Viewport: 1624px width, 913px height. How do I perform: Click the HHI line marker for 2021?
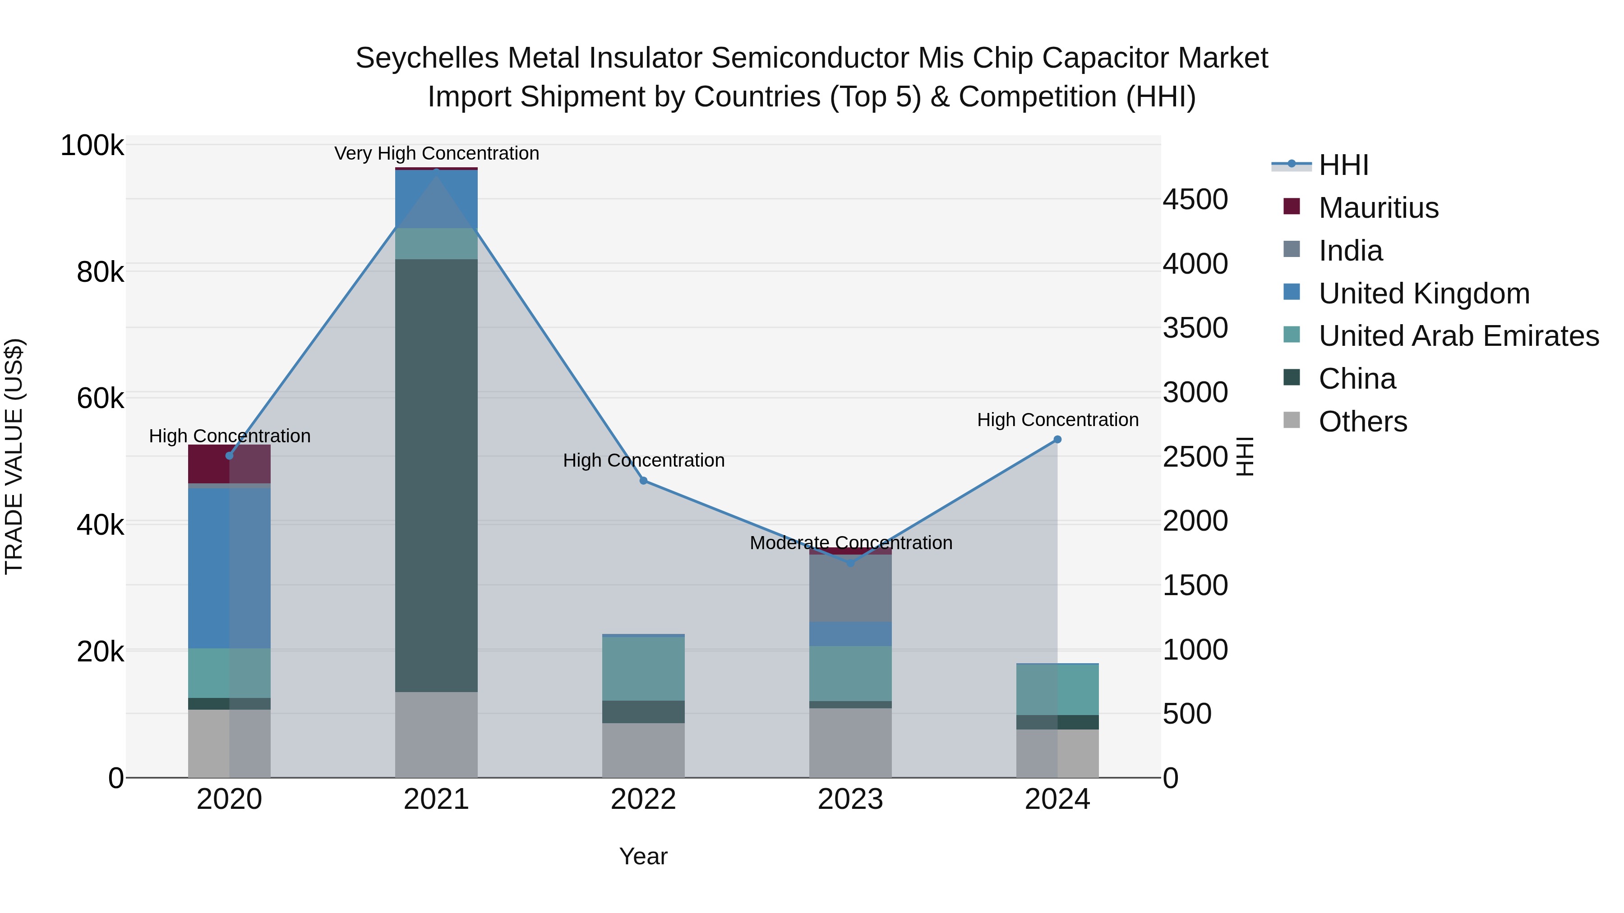coord(436,171)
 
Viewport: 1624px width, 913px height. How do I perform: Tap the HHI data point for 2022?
coord(643,481)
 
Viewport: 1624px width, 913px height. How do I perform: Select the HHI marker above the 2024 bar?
coord(1057,440)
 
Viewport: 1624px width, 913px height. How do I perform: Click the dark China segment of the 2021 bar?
coord(436,476)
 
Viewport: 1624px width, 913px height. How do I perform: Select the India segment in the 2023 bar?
coord(850,588)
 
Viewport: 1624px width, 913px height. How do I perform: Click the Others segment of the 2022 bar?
coord(643,750)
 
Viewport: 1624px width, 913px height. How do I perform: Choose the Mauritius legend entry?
coord(1378,208)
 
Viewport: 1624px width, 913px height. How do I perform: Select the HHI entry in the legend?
coord(1343,165)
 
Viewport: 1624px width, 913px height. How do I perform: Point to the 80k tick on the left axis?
coord(100,273)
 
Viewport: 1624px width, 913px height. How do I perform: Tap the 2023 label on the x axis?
coord(850,799)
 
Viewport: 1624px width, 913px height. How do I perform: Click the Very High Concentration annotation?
coord(436,154)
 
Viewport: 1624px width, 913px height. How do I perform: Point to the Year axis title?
coord(643,856)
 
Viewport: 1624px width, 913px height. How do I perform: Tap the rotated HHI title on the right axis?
coord(1245,456)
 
